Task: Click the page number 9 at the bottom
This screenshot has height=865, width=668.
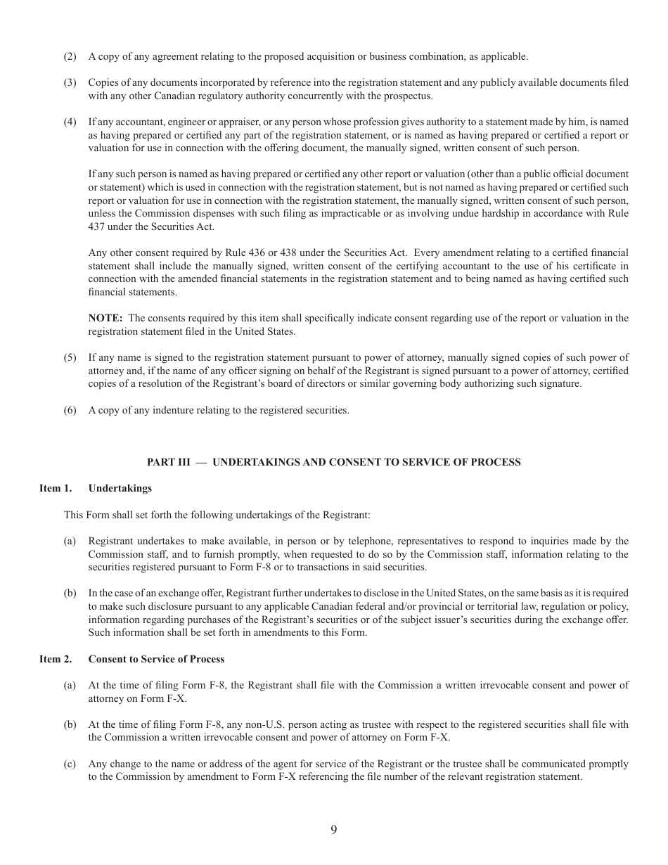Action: (x=333, y=830)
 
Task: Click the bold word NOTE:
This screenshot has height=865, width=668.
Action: (x=105, y=319)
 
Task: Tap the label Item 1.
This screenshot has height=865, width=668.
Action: (x=56, y=488)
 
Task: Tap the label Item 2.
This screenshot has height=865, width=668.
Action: (x=56, y=659)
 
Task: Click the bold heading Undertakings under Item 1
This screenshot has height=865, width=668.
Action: (x=120, y=488)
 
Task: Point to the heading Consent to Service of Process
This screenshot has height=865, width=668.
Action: (x=156, y=659)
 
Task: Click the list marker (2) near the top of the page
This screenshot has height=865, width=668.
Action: (x=70, y=56)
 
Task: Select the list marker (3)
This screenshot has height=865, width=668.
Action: (x=70, y=83)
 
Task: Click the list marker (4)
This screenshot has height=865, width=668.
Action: (x=70, y=122)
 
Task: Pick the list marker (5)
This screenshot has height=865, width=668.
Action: (x=70, y=358)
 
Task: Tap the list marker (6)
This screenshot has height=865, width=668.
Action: (x=70, y=411)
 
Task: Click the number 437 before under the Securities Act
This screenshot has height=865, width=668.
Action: (x=97, y=226)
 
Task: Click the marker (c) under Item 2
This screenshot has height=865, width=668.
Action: (x=70, y=764)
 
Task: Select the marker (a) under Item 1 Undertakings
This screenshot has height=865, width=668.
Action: (x=70, y=541)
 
